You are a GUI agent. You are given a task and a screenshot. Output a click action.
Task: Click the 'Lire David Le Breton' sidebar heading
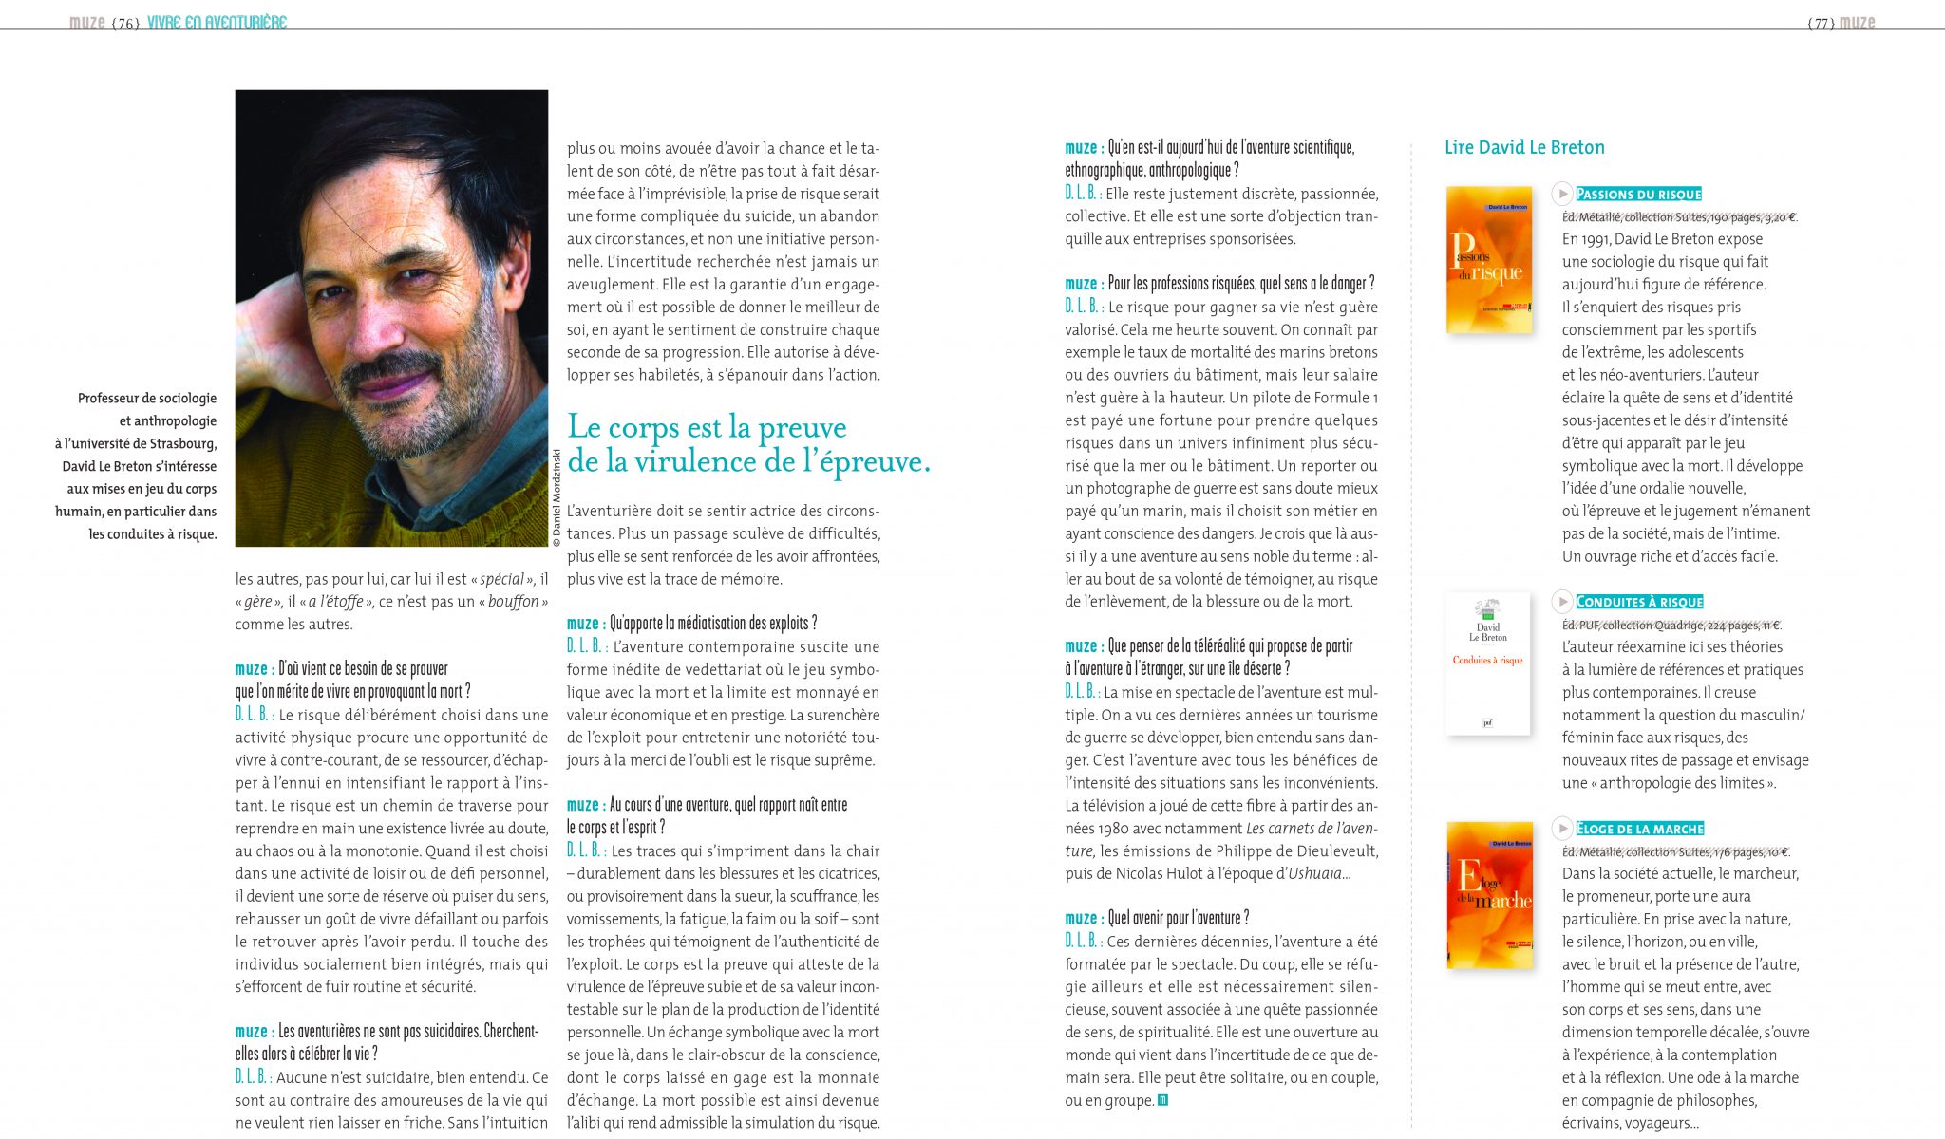1524,148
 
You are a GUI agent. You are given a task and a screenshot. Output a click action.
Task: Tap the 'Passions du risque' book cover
1488,259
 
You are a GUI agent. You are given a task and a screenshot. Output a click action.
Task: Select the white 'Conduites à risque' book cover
1487,663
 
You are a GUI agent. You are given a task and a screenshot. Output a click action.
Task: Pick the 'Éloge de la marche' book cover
1489,894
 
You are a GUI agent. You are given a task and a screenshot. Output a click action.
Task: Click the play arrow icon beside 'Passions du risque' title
1562,194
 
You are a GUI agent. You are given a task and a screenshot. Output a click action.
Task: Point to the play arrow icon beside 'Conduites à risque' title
1562,601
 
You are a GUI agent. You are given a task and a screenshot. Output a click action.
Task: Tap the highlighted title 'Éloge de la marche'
1639,829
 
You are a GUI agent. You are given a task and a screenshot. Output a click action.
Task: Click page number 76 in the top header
125,24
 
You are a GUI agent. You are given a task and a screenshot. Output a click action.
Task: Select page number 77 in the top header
1821,24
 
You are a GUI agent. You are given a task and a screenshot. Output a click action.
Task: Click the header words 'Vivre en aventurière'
217,23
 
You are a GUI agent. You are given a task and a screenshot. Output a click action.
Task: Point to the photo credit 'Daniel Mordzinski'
557,497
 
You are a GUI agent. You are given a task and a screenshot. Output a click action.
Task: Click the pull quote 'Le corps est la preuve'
707,427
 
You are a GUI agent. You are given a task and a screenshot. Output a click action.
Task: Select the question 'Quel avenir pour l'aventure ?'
1178,918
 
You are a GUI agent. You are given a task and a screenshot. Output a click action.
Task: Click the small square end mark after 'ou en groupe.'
1162,1101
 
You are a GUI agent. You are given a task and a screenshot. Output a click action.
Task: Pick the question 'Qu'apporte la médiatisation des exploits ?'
712,624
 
